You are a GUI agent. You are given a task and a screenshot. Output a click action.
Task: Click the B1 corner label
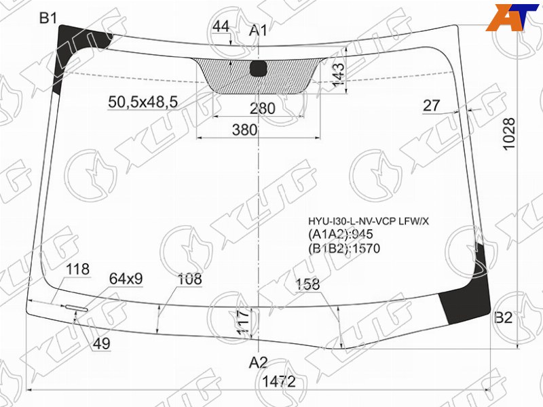click(x=48, y=18)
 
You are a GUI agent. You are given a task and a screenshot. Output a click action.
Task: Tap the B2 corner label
click(x=503, y=317)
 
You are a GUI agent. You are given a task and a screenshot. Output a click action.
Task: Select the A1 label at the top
click(x=259, y=31)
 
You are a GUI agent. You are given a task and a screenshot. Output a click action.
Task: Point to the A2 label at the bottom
click(x=259, y=363)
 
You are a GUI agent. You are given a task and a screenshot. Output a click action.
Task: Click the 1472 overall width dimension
click(x=279, y=381)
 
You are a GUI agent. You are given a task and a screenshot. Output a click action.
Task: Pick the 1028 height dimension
click(x=510, y=134)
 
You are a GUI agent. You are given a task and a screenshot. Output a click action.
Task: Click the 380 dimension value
click(x=245, y=130)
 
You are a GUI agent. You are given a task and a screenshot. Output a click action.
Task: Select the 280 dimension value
click(x=263, y=109)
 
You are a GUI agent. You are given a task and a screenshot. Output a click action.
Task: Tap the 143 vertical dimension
click(x=338, y=75)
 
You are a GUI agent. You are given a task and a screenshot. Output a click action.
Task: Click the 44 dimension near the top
click(x=221, y=26)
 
